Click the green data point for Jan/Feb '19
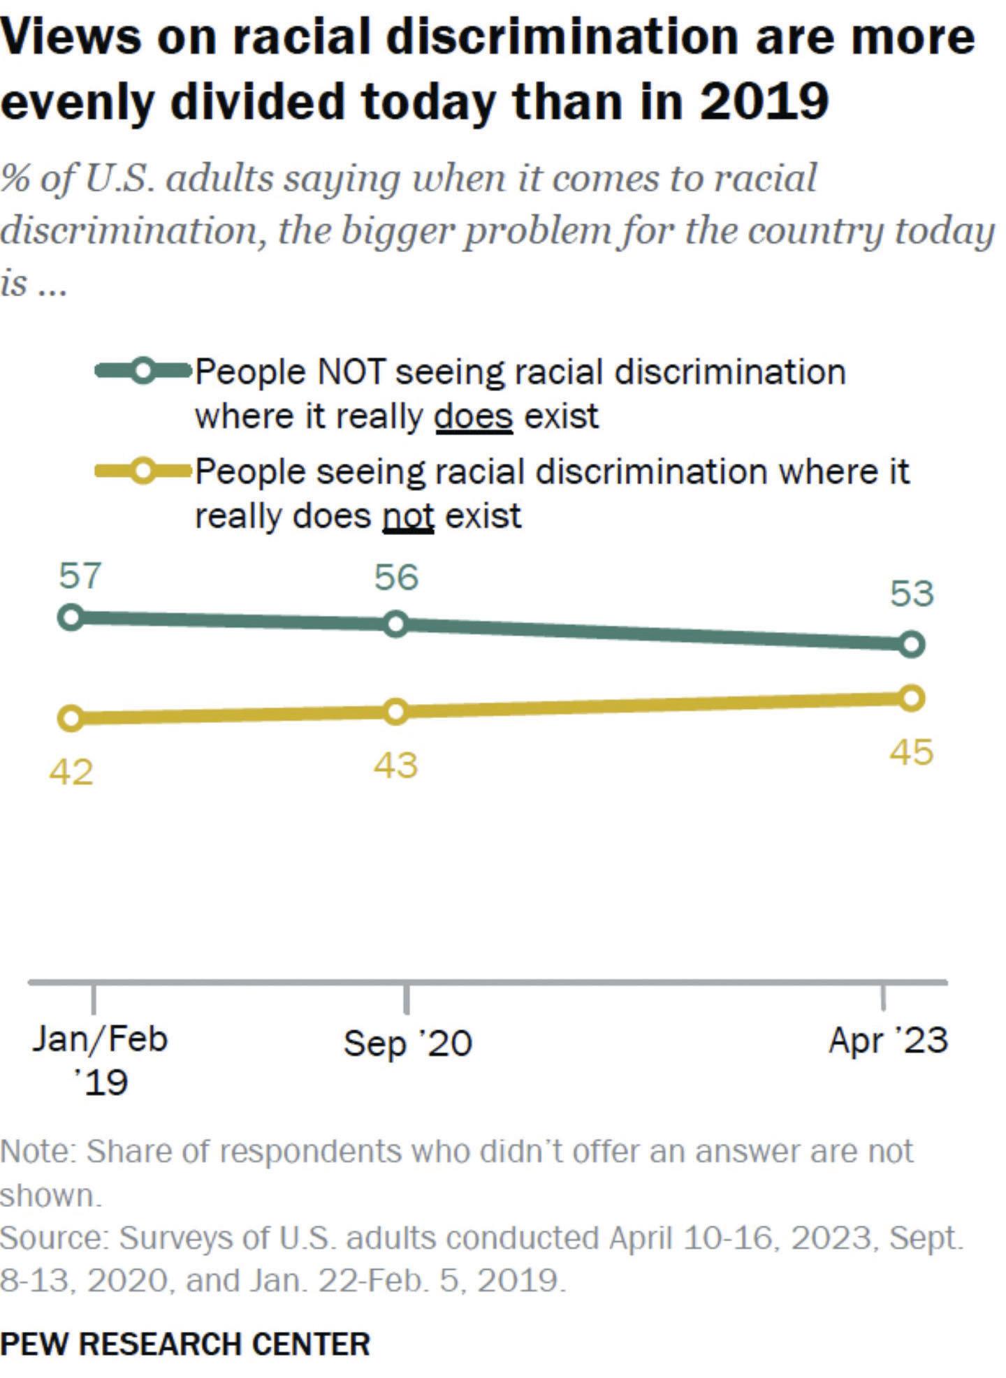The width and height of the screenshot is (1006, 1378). [72, 617]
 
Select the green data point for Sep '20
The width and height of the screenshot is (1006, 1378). [395, 624]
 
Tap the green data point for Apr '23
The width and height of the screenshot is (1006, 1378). [911, 644]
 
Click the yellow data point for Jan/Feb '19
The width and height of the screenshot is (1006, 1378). [72, 718]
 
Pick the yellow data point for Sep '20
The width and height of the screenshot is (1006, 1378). [395, 712]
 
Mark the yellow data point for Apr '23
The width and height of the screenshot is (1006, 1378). [911, 698]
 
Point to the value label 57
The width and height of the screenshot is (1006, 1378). [80, 576]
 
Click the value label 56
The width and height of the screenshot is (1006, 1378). [396, 578]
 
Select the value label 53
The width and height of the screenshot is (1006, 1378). [912, 594]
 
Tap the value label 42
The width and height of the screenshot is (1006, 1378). [71, 772]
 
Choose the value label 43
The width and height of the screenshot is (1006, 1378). [395, 765]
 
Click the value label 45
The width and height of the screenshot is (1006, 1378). [911, 753]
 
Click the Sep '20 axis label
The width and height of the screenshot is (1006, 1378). [408, 1043]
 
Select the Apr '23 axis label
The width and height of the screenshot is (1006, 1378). [888, 1041]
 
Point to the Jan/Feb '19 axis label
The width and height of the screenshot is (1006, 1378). [100, 1060]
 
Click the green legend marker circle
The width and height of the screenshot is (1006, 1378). [143, 371]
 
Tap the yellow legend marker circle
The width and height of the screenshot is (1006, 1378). [143, 471]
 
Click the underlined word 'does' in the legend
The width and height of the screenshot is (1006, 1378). [474, 417]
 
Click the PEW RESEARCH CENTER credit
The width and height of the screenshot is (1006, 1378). [185, 1344]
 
